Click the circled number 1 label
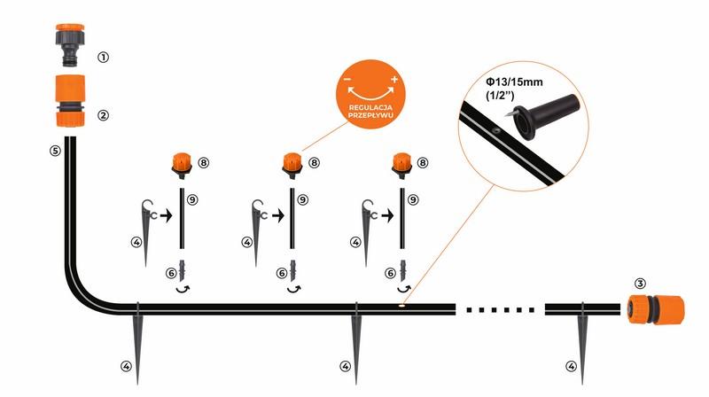click(104, 58)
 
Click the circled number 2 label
click(104, 114)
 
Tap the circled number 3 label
click(641, 284)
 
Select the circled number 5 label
click(54, 151)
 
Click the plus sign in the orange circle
click(393, 80)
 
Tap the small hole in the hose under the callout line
click(401, 308)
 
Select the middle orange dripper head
click(291, 164)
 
